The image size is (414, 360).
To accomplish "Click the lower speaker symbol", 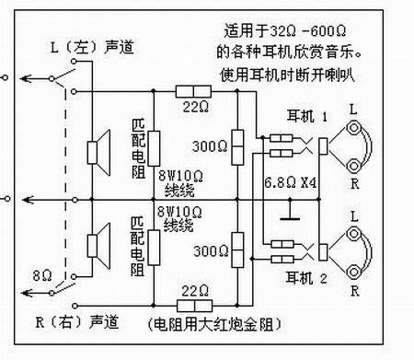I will (x=94, y=244).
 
